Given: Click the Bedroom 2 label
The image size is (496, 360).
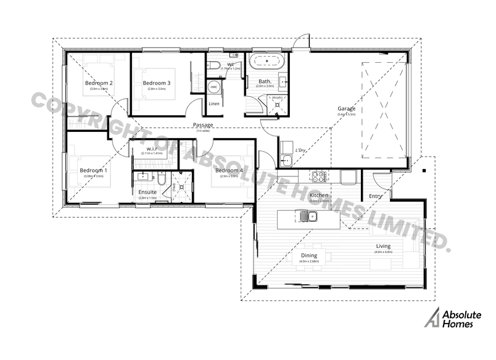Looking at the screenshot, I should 99,83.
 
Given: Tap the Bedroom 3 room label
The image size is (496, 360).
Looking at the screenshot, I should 156,83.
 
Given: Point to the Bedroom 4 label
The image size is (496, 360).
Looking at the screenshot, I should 228,170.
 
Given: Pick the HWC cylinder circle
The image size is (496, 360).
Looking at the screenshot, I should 214,88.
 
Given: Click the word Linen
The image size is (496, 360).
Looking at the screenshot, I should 214,104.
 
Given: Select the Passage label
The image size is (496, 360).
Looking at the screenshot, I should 202,125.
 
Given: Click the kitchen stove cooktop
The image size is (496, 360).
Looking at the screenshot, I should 318,178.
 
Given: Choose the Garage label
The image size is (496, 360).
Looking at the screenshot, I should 346,110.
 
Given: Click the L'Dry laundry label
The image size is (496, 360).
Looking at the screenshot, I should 301,150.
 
